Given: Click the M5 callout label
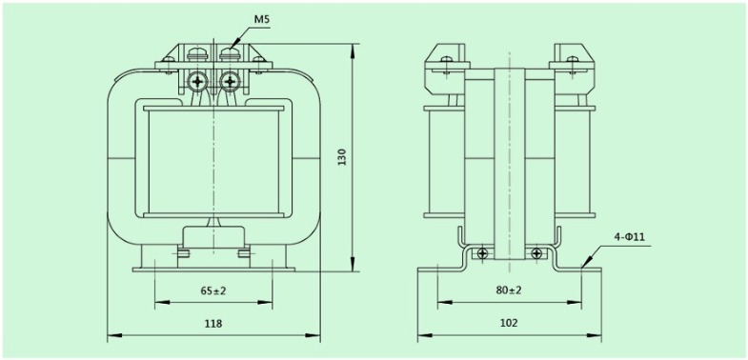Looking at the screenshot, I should point(261,18).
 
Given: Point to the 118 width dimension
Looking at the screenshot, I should point(213,324).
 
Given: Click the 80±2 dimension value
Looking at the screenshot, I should point(509,290).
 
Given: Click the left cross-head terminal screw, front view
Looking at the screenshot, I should point(198,82).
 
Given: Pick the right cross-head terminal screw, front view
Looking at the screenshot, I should point(229,82).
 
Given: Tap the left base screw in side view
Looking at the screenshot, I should point(483,253).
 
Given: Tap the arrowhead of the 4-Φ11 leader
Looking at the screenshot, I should point(579,267).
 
